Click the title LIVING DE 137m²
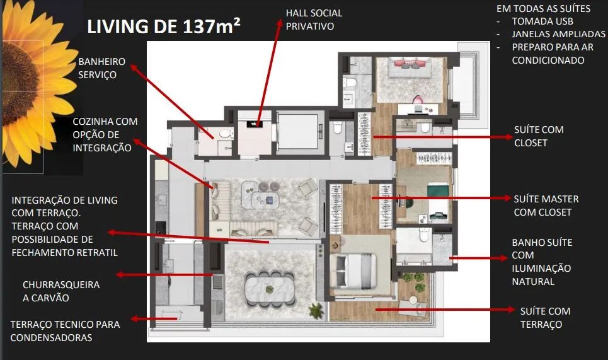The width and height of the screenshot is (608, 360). [x=164, y=26]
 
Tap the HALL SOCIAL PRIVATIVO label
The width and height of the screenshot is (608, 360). [x=314, y=20]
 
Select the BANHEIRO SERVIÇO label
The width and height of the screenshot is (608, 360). [x=101, y=68]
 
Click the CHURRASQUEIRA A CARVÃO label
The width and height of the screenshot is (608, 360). [x=61, y=291]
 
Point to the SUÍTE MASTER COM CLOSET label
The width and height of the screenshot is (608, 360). [x=546, y=206]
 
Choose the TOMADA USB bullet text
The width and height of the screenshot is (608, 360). [x=542, y=21]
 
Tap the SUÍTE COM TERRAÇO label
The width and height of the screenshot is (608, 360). [x=545, y=318]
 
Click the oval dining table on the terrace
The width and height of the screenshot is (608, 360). [x=270, y=289]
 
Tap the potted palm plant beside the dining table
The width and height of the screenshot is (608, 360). [x=316, y=311]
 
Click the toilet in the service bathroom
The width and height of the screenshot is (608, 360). [x=225, y=134]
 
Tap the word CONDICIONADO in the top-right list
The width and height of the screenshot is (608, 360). [x=548, y=61]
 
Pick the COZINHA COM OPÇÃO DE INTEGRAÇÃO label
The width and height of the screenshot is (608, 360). [x=105, y=135]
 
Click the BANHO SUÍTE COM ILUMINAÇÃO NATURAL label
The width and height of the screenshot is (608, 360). [x=542, y=262]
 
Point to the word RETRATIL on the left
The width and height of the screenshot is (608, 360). [x=96, y=253]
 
